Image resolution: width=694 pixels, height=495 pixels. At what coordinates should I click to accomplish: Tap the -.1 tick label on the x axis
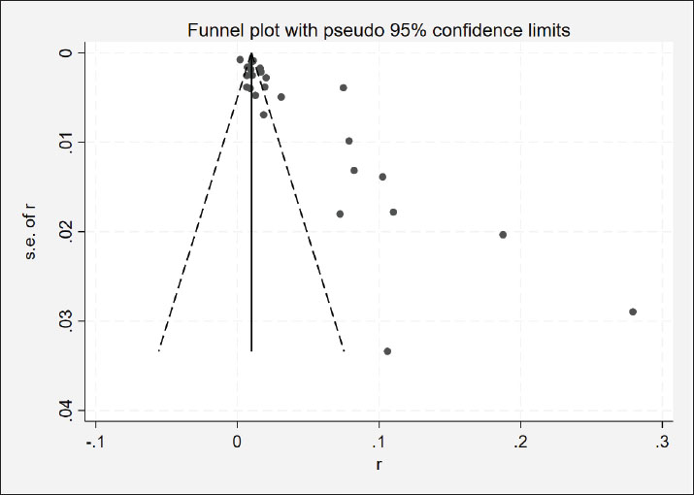(x=93, y=442)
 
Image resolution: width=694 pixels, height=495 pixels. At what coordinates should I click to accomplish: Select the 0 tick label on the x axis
(x=238, y=442)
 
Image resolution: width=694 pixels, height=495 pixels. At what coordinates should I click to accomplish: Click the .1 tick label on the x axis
(x=378, y=442)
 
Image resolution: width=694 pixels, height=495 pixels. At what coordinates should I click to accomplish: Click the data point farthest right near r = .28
(x=633, y=312)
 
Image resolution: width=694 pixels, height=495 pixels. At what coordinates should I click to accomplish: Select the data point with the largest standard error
(x=387, y=350)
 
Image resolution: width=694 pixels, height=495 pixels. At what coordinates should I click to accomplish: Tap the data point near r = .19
(x=503, y=234)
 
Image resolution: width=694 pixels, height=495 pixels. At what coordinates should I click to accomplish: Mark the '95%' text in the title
(x=416, y=30)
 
